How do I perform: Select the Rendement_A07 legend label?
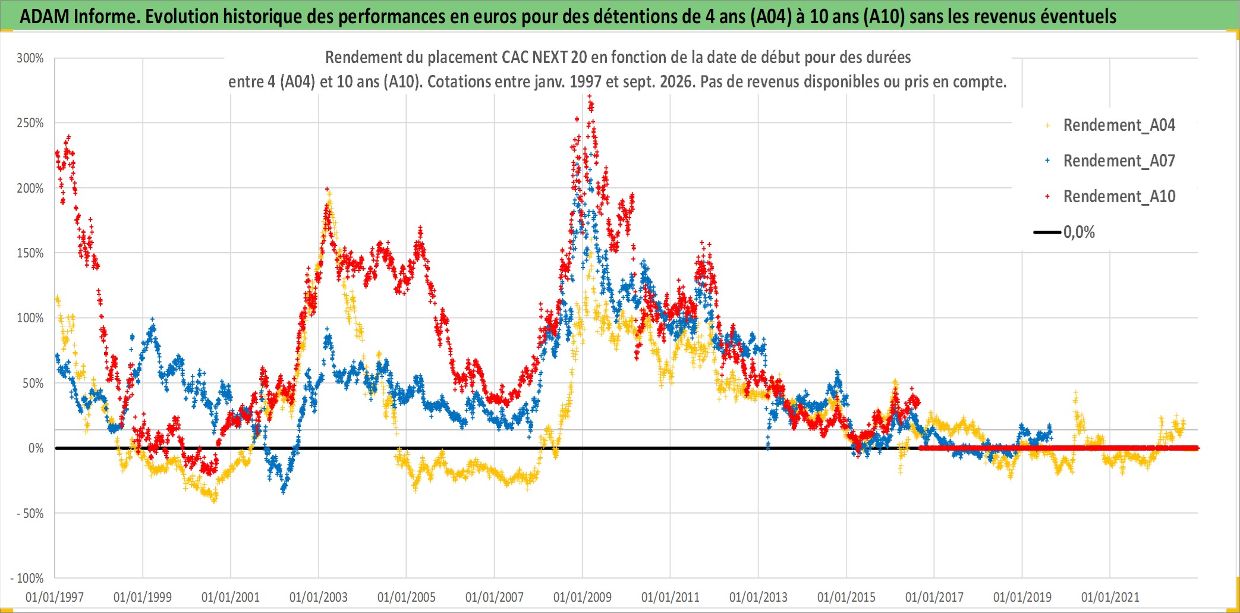point(1119,161)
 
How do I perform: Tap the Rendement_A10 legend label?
point(1119,196)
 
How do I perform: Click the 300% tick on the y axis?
point(30,58)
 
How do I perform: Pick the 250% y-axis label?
point(30,123)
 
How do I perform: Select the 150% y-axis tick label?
point(30,253)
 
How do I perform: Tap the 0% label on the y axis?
point(36,448)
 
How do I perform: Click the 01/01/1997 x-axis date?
point(55,597)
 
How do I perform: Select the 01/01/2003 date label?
point(319,597)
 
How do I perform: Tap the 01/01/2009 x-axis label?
point(583,597)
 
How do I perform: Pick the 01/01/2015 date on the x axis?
point(846,597)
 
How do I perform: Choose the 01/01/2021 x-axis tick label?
point(1110,597)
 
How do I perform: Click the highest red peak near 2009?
point(590,96)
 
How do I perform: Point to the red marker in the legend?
point(1047,196)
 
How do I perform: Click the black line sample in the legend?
point(1047,232)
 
